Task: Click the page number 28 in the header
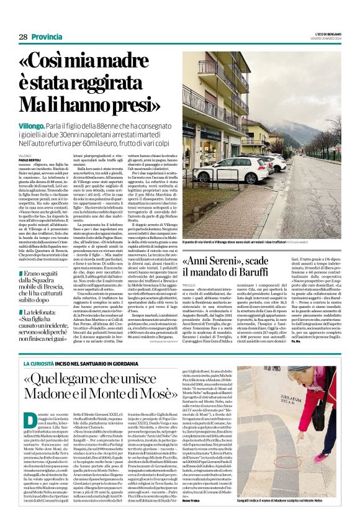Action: coord(23,37)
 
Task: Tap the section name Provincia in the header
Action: coord(47,37)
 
